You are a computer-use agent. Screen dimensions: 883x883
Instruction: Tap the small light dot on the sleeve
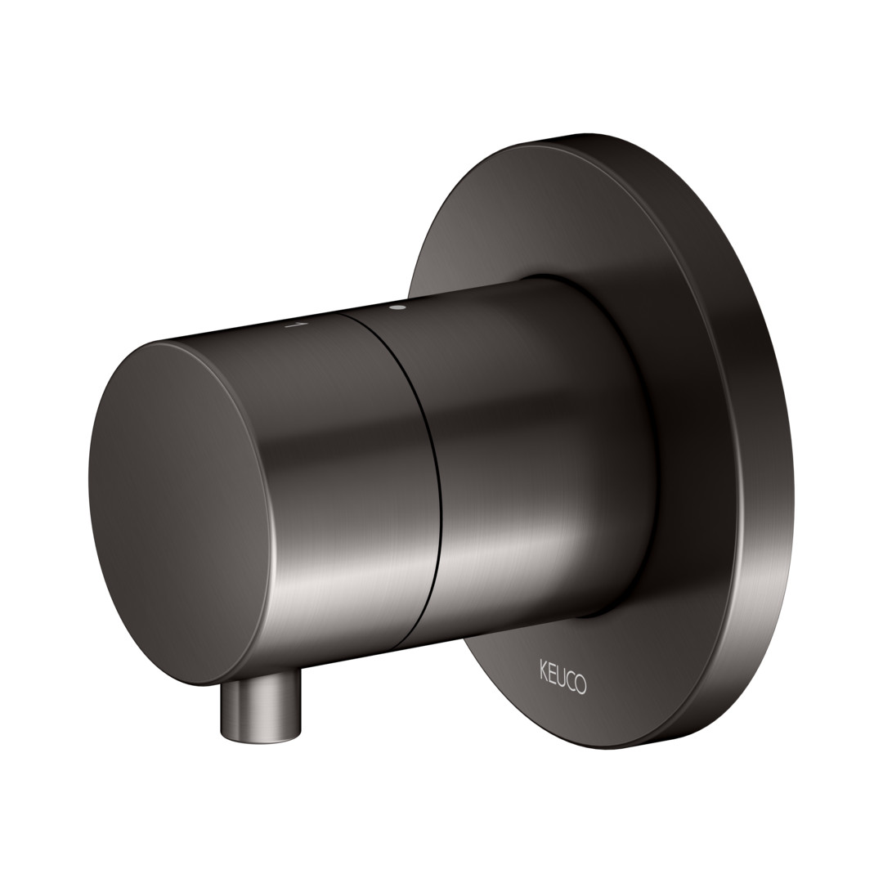pos(400,307)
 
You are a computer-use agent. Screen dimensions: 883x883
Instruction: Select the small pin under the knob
pos(259,703)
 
